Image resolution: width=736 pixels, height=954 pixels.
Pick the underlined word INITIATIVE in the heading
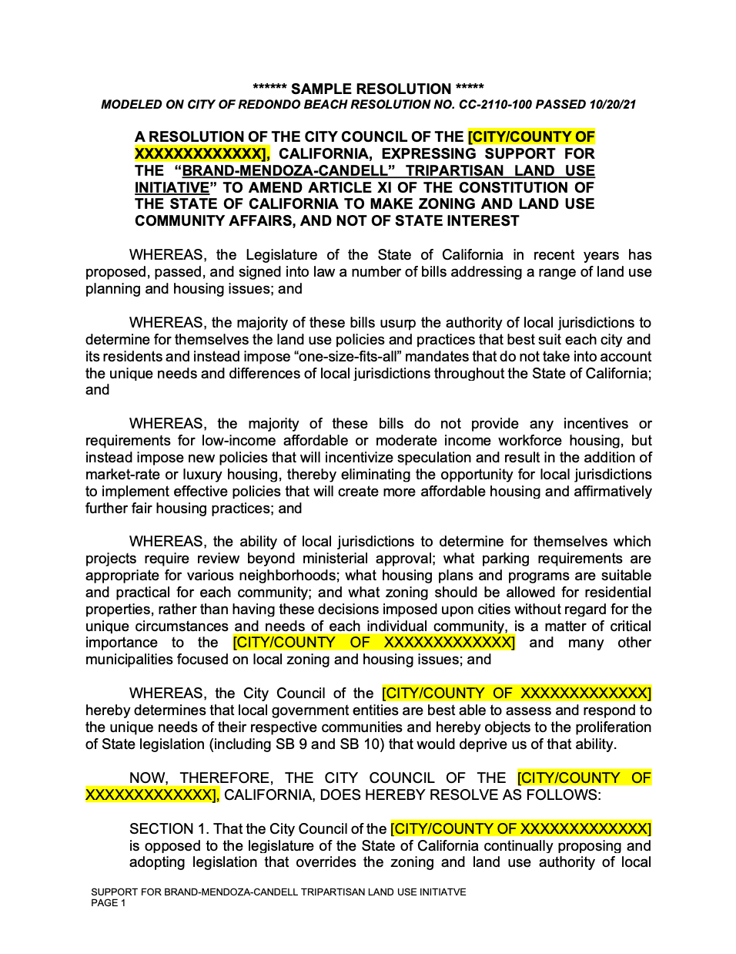pyautogui.click(x=172, y=188)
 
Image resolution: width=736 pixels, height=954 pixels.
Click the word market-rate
pyautogui.click(x=119, y=475)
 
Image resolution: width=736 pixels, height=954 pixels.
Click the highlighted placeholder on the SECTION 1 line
pyautogui.click(x=520, y=829)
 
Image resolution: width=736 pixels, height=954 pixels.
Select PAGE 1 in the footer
pyautogui.click(x=109, y=903)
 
